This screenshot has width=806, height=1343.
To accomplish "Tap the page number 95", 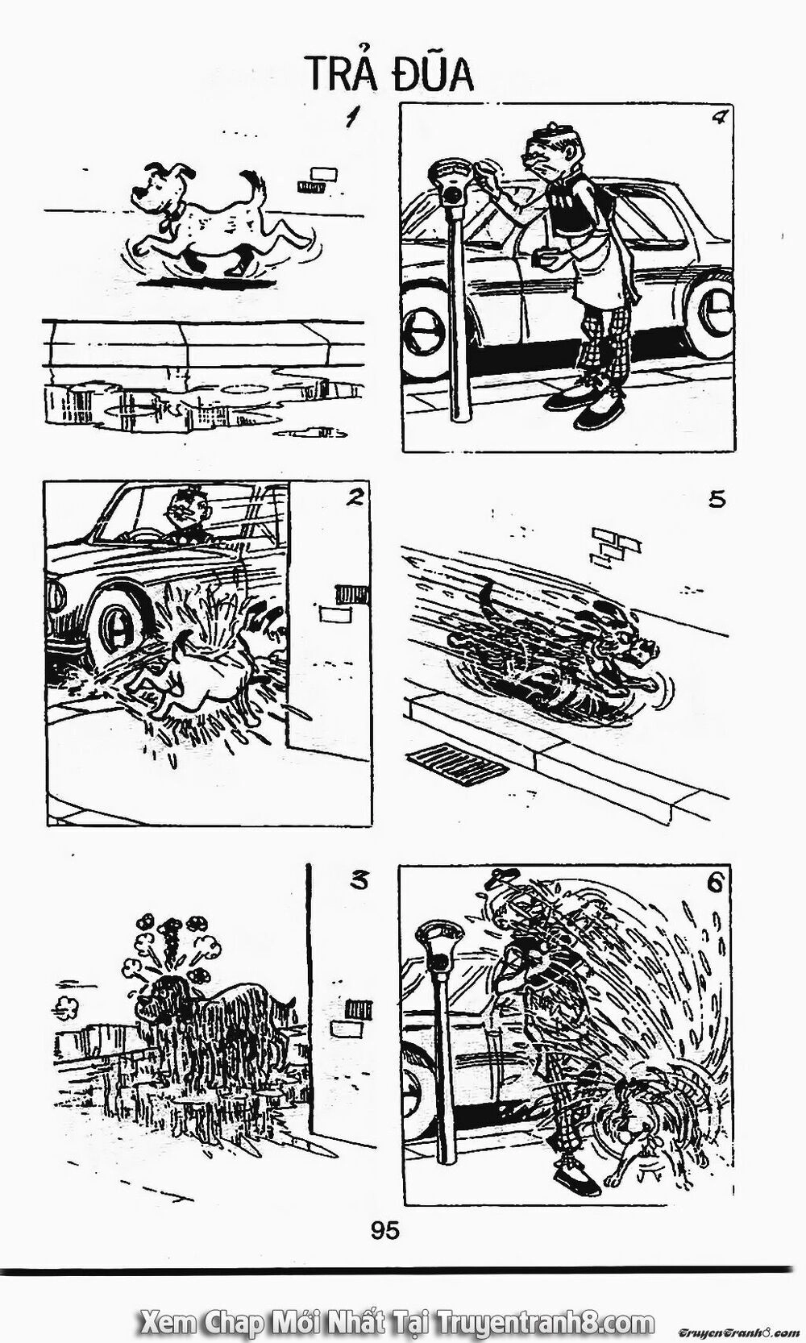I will click(384, 1231).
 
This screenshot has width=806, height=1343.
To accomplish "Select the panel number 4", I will click(720, 119).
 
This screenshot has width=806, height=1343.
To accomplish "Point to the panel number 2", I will click(351, 498).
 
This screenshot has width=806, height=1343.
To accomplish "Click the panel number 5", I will click(717, 499).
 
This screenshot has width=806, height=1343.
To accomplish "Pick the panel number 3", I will click(359, 881).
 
